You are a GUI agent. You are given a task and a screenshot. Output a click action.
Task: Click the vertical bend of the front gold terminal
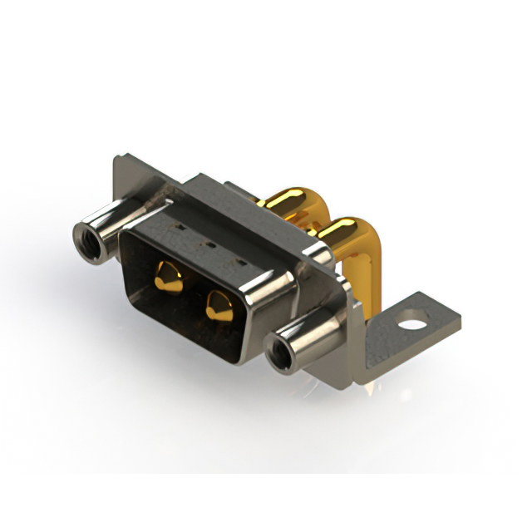tap(366, 266)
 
